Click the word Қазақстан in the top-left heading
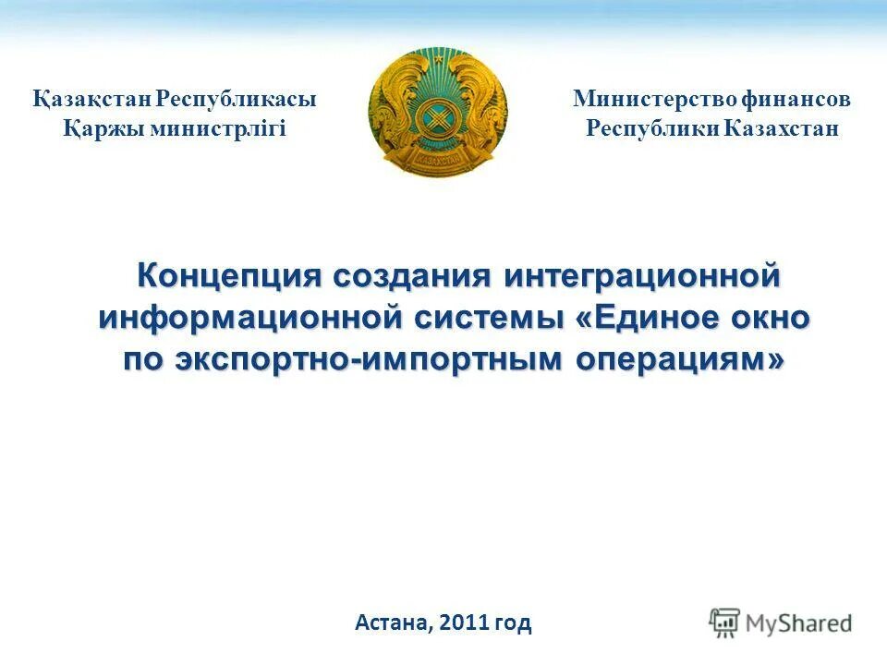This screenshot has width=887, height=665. (x=91, y=100)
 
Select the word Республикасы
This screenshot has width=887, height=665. (x=236, y=100)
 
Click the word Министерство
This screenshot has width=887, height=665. (x=653, y=100)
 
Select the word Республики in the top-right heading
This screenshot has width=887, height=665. (x=652, y=128)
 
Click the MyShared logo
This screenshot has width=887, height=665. (x=781, y=623)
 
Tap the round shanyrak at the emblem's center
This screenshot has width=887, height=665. (x=438, y=117)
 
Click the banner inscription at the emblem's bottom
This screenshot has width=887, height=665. (x=438, y=159)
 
